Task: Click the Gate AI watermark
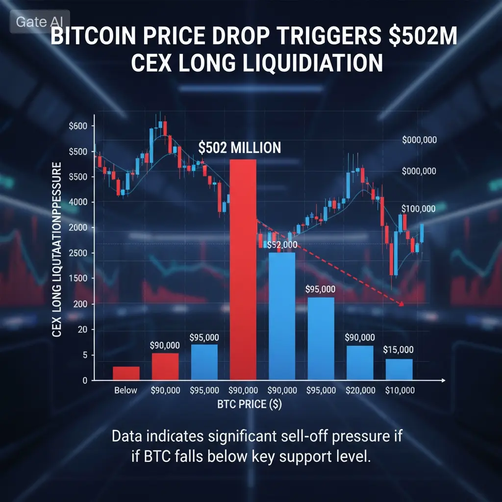click(39, 22)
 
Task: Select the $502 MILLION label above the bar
click(240, 148)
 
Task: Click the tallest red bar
click(243, 270)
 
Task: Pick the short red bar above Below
click(126, 373)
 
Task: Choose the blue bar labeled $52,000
click(282, 316)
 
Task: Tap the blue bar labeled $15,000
click(399, 370)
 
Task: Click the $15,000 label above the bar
click(399, 350)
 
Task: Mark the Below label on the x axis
click(126, 391)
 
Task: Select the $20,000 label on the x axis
click(360, 391)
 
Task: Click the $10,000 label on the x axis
click(400, 391)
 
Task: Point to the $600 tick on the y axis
click(78, 126)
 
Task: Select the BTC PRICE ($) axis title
click(250, 405)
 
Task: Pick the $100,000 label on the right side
click(418, 209)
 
